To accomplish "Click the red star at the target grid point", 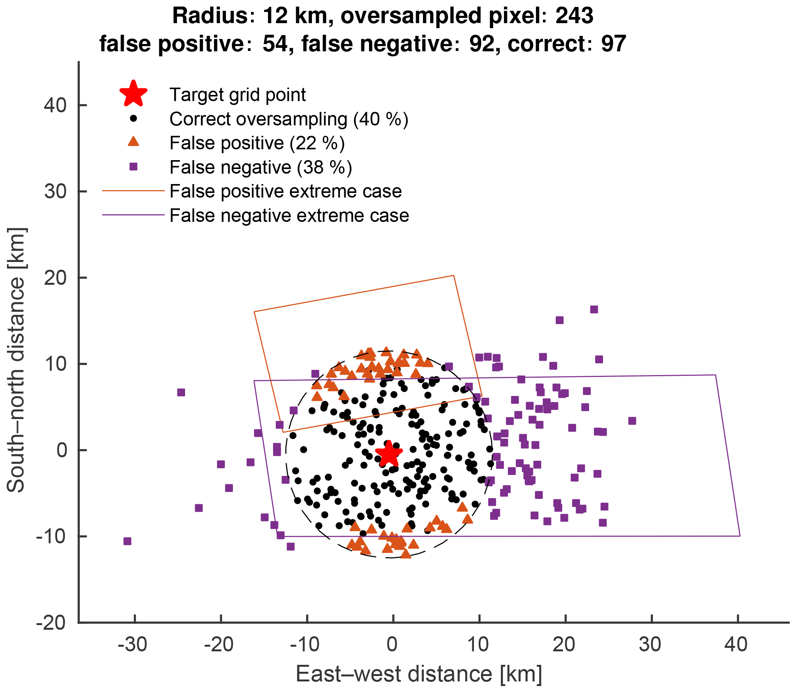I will [x=389, y=453].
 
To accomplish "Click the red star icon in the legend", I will [x=133, y=95].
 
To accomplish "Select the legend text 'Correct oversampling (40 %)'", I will [x=289, y=119].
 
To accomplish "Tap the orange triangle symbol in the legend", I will [x=133, y=142].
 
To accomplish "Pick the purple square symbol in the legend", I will [x=133, y=167].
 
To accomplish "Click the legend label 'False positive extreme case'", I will [x=286, y=191].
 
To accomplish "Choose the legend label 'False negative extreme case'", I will [x=289, y=216].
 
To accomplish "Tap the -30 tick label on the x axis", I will [x=132, y=645].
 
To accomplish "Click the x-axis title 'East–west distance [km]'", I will [x=419, y=674].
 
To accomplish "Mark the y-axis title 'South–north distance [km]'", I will [x=16, y=360].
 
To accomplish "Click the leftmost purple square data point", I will [x=127, y=541].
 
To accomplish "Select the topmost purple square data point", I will [x=594, y=309].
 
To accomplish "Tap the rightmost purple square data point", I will [x=632, y=421].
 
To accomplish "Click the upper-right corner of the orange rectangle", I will [x=453, y=276].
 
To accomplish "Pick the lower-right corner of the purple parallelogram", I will [x=740, y=536].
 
